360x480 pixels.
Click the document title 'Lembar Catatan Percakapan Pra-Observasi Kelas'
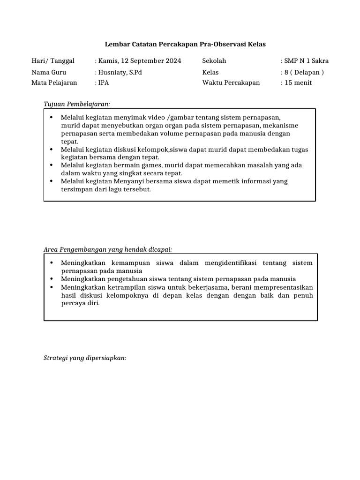[185, 45]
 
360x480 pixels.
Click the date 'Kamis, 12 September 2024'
[139, 61]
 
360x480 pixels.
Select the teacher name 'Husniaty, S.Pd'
[120, 72]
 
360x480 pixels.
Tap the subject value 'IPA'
[103, 83]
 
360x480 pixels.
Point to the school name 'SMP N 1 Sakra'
[306, 61]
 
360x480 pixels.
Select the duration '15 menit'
[298, 83]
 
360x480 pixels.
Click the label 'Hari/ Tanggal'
[53, 61]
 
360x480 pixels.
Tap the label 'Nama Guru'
[49, 72]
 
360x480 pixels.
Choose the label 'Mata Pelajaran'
[54, 83]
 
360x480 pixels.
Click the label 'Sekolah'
[214, 61]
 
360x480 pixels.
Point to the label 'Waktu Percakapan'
[231, 83]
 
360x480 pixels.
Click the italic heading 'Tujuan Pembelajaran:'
[76, 104]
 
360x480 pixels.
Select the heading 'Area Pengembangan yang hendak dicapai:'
[111, 249]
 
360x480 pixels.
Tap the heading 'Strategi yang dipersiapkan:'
[85, 358]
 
